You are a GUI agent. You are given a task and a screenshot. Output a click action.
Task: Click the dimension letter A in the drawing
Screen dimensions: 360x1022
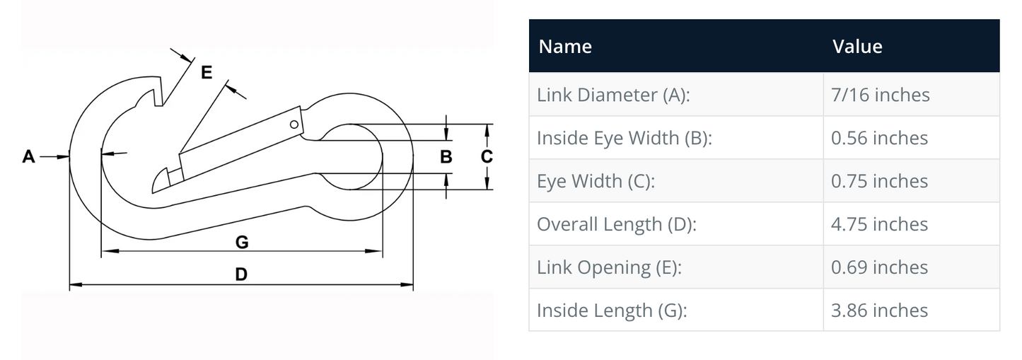pyautogui.click(x=28, y=156)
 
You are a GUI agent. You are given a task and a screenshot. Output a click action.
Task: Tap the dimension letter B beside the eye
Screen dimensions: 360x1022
pyautogui.click(x=446, y=156)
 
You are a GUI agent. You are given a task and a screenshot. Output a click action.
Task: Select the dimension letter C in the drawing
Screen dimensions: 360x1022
pyautogui.click(x=487, y=156)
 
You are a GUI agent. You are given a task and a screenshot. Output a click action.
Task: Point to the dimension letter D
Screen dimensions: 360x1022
pyautogui.click(x=241, y=274)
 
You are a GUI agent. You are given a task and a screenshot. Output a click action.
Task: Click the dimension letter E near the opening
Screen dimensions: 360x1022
pyautogui.click(x=207, y=72)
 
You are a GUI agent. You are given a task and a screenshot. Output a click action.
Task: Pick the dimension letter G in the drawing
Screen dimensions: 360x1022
pyautogui.click(x=241, y=243)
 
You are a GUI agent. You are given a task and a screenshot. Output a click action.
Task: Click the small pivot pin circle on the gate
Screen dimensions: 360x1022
pyautogui.click(x=294, y=124)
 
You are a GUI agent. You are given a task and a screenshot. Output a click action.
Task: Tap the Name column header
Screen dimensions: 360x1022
pyautogui.click(x=565, y=47)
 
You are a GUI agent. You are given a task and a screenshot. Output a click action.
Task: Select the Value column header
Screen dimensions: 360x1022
pyautogui.click(x=857, y=47)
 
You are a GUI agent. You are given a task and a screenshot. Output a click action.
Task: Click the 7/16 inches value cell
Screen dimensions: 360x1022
pyautogui.click(x=881, y=95)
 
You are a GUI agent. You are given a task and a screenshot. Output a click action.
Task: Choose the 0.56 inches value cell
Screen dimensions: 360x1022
pyautogui.click(x=879, y=138)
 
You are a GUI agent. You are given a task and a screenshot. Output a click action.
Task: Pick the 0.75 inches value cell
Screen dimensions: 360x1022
pyautogui.click(x=879, y=181)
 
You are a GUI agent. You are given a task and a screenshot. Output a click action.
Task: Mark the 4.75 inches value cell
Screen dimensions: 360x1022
pyautogui.click(x=879, y=224)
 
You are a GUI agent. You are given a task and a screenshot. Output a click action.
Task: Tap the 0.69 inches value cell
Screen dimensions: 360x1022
pyautogui.click(x=879, y=267)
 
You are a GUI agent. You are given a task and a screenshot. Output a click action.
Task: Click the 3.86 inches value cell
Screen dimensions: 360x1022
pyautogui.click(x=879, y=310)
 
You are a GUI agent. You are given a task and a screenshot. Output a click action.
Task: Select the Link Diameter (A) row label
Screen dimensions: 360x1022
pyautogui.click(x=612, y=95)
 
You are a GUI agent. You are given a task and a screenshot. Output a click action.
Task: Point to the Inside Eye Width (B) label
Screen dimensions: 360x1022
pyautogui.click(x=624, y=138)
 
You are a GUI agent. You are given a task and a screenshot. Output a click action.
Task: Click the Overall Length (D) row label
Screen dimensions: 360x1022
pyautogui.click(x=616, y=224)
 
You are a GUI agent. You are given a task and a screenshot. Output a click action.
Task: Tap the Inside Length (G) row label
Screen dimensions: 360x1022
pyautogui.click(x=612, y=310)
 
